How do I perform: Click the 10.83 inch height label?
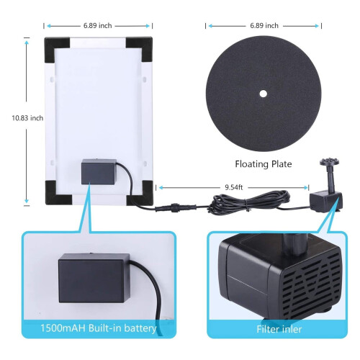point(27,118)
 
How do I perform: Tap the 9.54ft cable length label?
point(234,187)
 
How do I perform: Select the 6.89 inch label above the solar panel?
point(98,26)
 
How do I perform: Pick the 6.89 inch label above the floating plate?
point(264,25)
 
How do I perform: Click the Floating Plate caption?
point(264,164)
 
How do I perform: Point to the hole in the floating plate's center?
point(264,94)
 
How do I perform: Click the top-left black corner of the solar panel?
point(57,49)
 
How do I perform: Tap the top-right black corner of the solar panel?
point(140,49)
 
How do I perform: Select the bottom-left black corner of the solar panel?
point(58,192)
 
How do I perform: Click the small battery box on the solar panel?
point(99,171)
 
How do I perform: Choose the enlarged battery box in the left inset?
point(94,278)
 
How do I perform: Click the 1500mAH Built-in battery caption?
point(99,328)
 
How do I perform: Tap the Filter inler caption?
point(279,329)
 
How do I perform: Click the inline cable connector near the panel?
point(175,207)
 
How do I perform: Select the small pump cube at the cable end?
point(325,202)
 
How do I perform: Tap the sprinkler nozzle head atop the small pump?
point(329,162)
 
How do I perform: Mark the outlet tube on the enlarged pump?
point(294,246)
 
